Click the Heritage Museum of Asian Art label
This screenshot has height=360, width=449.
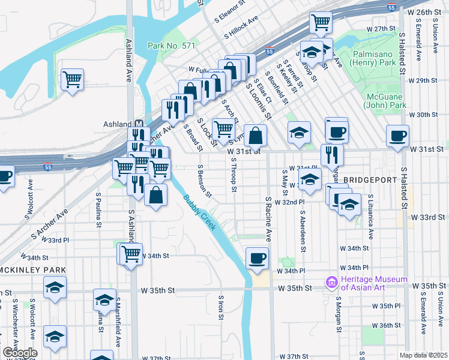pyautogui.click(x=373, y=283)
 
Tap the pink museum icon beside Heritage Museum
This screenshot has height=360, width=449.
pyautogui.click(x=331, y=282)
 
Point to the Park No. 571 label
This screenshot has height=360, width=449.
pyautogui.click(x=171, y=46)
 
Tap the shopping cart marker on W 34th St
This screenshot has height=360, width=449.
pyautogui.click(x=131, y=254)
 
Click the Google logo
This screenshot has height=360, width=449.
pyautogui.click(x=20, y=353)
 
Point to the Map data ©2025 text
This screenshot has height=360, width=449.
pyautogui.click(x=423, y=355)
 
